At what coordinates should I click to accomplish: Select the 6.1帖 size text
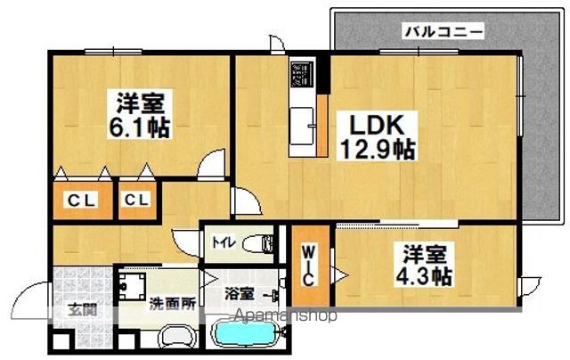click(x=141, y=128)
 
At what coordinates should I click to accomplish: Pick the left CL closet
click(x=80, y=200)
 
